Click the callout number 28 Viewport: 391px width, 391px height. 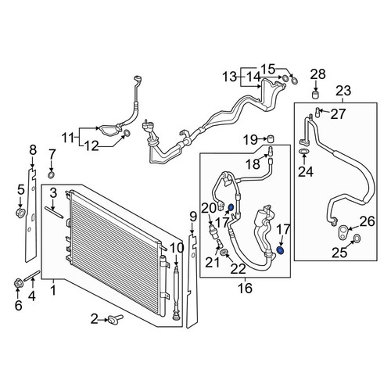pyautogui.click(x=318, y=74)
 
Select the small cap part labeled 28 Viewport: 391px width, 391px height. pyautogui.click(x=316, y=95)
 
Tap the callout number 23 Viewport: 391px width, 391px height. pyautogui.click(x=343, y=91)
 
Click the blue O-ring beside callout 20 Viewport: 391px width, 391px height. pyautogui.click(x=231, y=207)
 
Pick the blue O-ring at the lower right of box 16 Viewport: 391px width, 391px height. pyautogui.click(x=280, y=250)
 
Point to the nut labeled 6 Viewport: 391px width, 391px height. pyautogui.click(x=18, y=283)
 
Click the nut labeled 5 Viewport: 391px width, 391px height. pyautogui.click(x=20, y=213)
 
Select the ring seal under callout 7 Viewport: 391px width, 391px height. pyautogui.click(x=52, y=175)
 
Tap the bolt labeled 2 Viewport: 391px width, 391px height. pyautogui.click(x=115, y=318)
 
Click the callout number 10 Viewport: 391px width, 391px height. pyautogui.click(x=177, y=249)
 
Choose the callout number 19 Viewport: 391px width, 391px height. pyautogui.click(x=250, y=140)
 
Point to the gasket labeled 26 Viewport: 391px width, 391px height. pyautogui.click(x=343, y=231)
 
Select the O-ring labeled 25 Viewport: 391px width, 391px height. pyautogui.click(x=357, y=238)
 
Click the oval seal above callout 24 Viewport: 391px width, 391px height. pyautogui.click(x=303, y=151)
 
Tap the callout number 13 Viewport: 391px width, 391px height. pyautogui.click(x=230, y=77)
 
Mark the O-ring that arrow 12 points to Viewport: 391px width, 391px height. pyautogui.click(x=127, y=133)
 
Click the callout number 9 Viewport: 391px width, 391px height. pyautogui.click(x=192, y=217)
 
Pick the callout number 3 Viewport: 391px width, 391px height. pyautogui.click(x=53, y=193)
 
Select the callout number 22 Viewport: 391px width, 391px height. pyautogui.click(x=239, y=269)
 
